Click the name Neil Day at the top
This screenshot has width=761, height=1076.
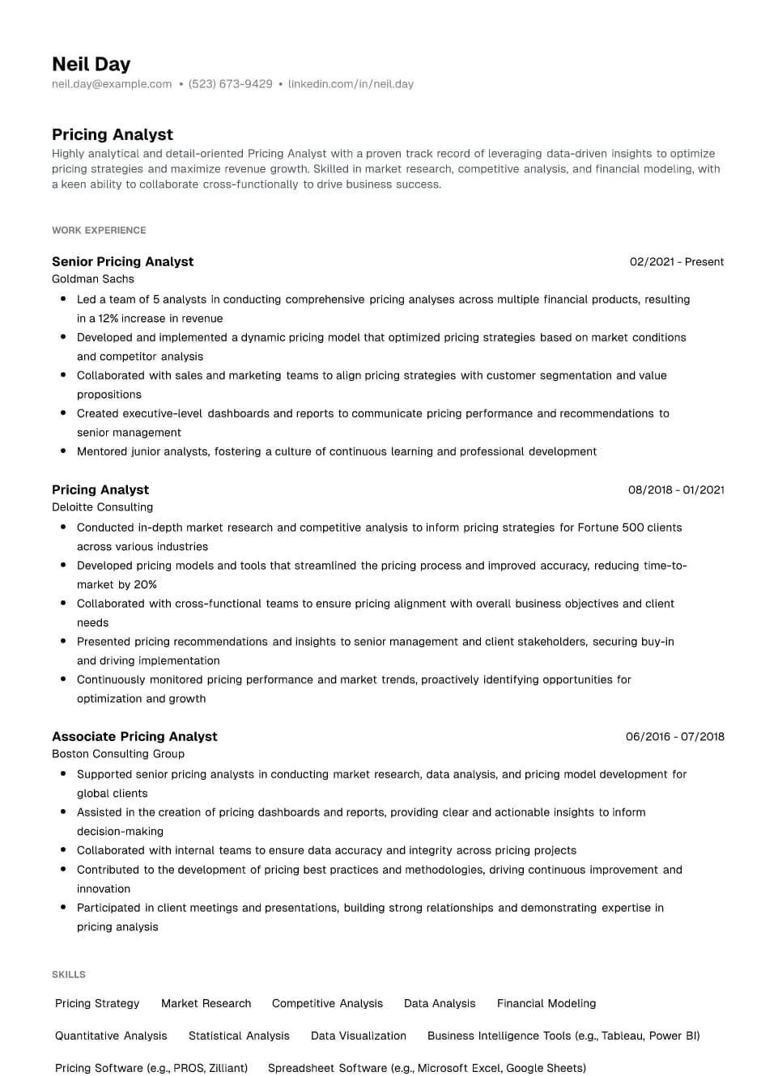point(91,64)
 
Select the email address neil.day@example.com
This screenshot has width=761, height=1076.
point(112,84)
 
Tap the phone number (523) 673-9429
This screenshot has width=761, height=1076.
point(230,84)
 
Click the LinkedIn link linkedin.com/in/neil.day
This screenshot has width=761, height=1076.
point(351,84)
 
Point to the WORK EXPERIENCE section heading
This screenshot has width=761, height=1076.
point(99,231)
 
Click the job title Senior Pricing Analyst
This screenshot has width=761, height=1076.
point(122,262)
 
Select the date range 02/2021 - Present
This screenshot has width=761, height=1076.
point(676,262)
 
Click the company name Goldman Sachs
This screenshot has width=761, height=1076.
point(93,279)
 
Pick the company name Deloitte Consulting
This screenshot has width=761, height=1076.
point(102,507)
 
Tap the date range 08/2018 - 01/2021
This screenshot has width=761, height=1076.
point(675,490)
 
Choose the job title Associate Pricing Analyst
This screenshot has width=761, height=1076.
point(134,737)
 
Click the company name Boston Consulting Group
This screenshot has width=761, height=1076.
point(118,754)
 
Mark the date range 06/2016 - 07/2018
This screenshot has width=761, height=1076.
point(674,737)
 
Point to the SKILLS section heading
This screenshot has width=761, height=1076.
point(69,975)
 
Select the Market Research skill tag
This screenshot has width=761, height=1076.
point(206,1004)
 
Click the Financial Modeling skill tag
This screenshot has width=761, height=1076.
point(546,1004)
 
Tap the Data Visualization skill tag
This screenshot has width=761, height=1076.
point(358,1036)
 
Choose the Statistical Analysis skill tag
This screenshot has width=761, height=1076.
point(239,1036)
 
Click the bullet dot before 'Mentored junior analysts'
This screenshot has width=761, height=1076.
point(63,451)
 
